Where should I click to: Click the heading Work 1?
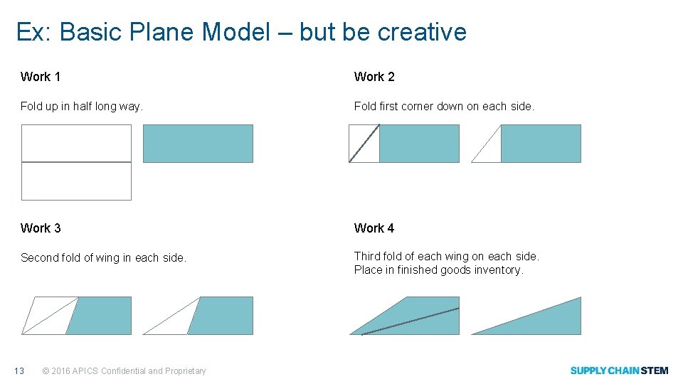40,77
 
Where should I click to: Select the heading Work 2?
374,77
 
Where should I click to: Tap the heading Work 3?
41,228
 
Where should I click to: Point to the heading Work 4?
374,228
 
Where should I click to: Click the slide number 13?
19,370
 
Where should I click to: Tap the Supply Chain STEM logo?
619,370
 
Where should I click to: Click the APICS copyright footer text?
125,370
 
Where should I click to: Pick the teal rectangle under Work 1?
198,144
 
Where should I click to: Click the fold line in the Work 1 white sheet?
76,162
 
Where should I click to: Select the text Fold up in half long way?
82,107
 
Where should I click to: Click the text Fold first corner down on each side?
444,107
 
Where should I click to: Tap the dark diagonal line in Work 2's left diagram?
364,143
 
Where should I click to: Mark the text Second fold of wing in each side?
103,258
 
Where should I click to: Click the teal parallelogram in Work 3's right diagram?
222,316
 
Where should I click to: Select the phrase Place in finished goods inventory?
438,270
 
